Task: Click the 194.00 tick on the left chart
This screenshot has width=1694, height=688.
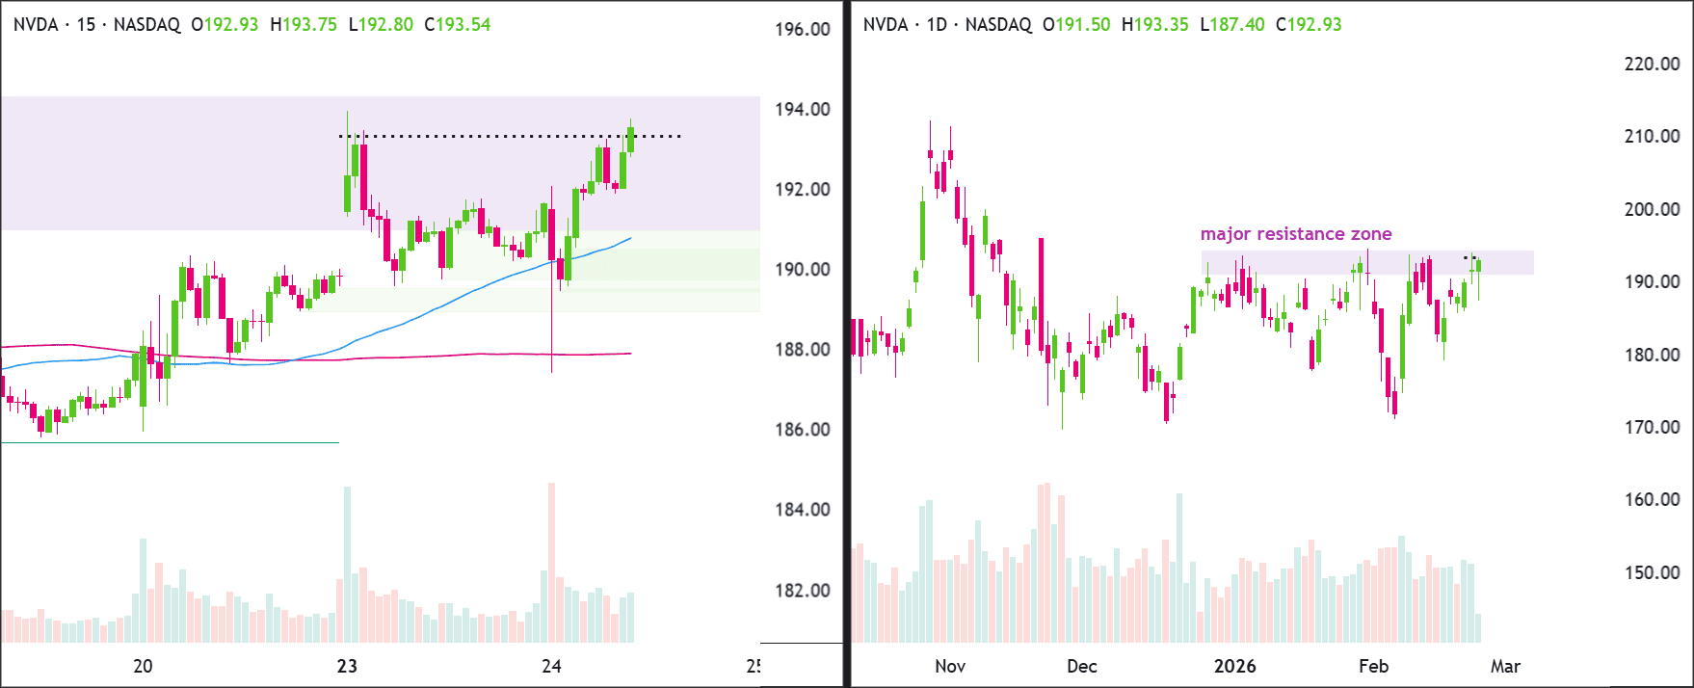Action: [803, 110]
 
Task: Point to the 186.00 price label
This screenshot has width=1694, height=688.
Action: [803, 430]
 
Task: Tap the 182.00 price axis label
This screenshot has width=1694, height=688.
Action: [803, 591]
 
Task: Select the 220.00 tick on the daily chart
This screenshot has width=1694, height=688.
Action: [1653, 65]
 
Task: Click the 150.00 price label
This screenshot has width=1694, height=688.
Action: [1653, 573]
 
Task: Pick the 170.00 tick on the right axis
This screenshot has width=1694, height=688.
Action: [1653, 428]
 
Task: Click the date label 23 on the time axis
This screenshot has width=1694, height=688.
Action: [347, 666]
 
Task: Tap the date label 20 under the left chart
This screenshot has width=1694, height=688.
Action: [143, 666]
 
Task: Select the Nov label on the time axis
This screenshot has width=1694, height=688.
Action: [950, 666]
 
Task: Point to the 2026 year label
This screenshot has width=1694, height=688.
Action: [1235, 666]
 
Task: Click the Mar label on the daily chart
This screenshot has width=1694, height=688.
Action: [1505, 666]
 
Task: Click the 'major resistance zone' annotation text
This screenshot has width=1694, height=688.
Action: [1296, 234]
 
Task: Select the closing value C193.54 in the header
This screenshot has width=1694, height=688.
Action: [458, 25]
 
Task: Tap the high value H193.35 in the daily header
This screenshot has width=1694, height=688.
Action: [1155, 25]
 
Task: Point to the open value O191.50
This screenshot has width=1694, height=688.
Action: [1076, 25]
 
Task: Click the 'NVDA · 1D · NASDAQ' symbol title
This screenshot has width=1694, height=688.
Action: [947, 25]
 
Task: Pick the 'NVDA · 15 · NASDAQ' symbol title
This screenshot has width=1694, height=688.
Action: [96, 25]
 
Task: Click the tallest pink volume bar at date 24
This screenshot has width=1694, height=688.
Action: [552, 563]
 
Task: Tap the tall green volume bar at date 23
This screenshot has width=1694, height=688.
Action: [347, 565]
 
